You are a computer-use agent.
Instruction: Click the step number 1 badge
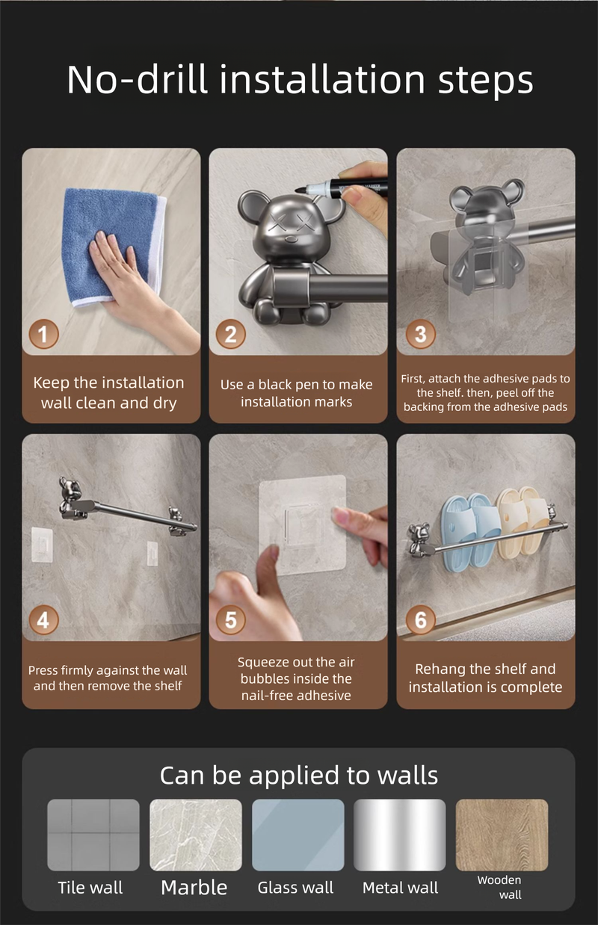[x=43, y=334]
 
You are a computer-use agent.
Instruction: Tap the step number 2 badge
[x=231, y=334]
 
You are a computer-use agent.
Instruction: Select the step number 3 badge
[x=420, y=334]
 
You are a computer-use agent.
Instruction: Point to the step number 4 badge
[x=43, y=620]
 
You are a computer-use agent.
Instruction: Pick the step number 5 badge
[x=231, y=620]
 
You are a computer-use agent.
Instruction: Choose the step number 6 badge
[x=420, y=620]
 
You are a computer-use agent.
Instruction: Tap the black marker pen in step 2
[x=341, y=187]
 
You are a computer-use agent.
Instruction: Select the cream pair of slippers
[x=522, y=521]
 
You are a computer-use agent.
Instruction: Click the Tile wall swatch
[x=93, y=835]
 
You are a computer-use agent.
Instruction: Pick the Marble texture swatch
[x=196, y=835]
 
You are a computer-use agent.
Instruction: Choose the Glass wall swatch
[x=298, y=835]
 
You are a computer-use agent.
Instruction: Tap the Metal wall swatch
[x=400, y=835]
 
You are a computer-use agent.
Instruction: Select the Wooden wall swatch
[x=502, y=835]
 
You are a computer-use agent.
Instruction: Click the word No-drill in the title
[x=137, y=79]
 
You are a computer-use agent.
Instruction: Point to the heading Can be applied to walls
[x=299, y=775]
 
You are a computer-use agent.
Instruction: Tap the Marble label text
[x=194, y=888]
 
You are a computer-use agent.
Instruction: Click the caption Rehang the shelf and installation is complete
[x=486, y=678]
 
